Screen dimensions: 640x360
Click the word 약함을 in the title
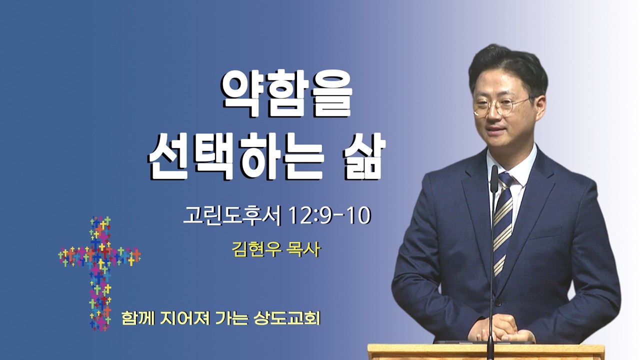pyautogui.click(x=286, y=93)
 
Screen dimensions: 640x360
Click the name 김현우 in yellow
pyautogui.click(x=256, y=249)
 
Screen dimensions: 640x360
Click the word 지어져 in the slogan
pyautogui.click(x=185, y=318)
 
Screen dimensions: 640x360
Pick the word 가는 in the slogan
pyautogui.click(x=231, y=318)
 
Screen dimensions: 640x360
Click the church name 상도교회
pyautogui.click(x=287, y=318)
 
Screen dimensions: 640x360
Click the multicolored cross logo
pyautogui.click(x=99, y=273)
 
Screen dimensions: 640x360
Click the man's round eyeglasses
pyautogui.click(x=501, y=105)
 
